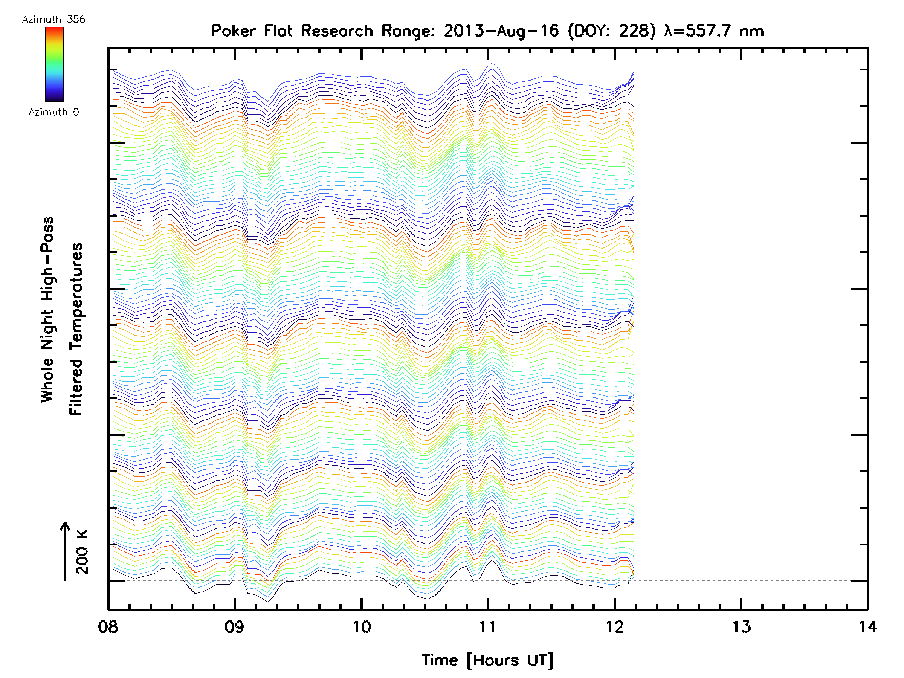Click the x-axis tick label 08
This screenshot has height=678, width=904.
tap(108, 627)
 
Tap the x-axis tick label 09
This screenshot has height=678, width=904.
tap(235, 627)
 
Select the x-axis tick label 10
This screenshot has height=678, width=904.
tap(362, 627)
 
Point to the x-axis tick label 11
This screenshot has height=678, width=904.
tap(487, 627)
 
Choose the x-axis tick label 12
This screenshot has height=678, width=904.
tap(615, 627)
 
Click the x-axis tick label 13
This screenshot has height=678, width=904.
tap(741, 627)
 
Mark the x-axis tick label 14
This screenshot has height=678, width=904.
tap(867, 627)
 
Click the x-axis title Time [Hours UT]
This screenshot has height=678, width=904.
tap(487, 660)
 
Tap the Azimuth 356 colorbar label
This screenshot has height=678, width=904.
tap(53, 20)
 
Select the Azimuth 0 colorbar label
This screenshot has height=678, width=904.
tap(53, 112)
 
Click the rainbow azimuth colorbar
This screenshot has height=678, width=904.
tap(54, 64)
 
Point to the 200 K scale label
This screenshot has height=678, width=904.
tap(82, 552)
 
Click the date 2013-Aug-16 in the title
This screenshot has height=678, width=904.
tap(501, 31)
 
